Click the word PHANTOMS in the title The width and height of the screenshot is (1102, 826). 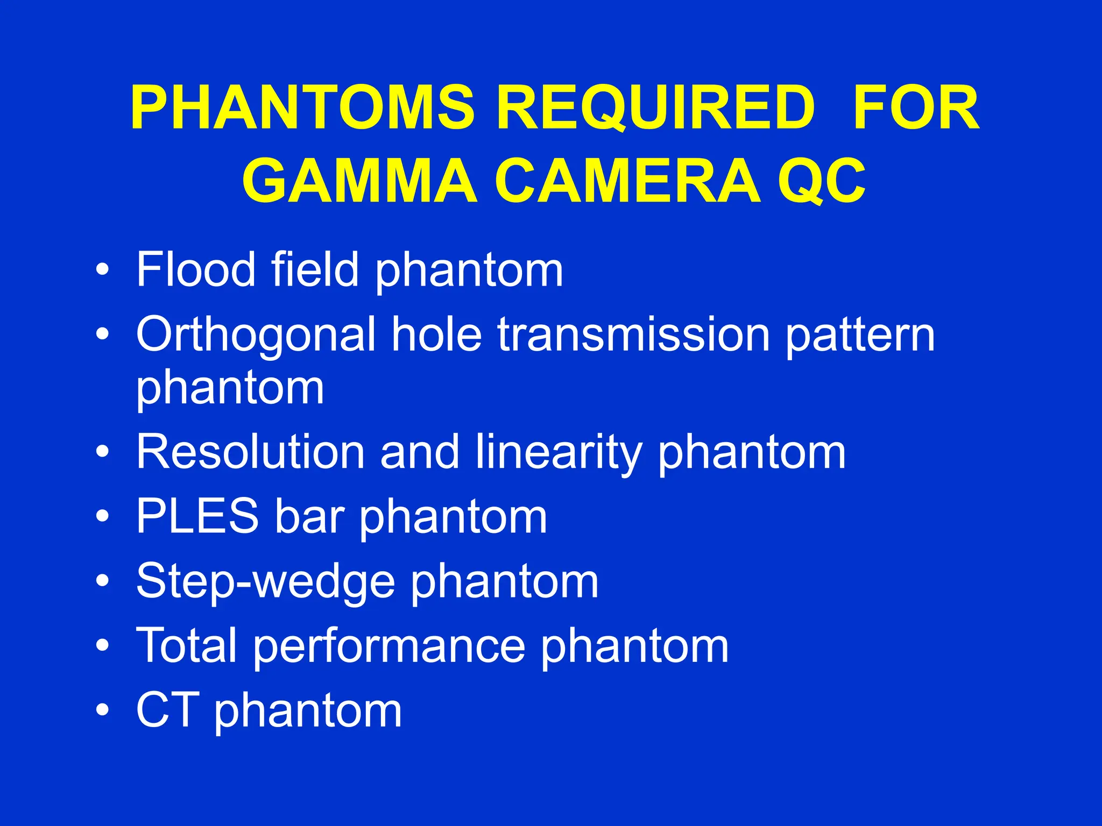point(302,109)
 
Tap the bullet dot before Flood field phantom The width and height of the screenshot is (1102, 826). point(102,269)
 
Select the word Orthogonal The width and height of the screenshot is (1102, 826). point(256,334)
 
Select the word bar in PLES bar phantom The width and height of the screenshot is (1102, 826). point(309,516)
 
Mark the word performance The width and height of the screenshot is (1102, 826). point(389,646)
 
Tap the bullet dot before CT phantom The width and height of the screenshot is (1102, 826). point(102,710)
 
